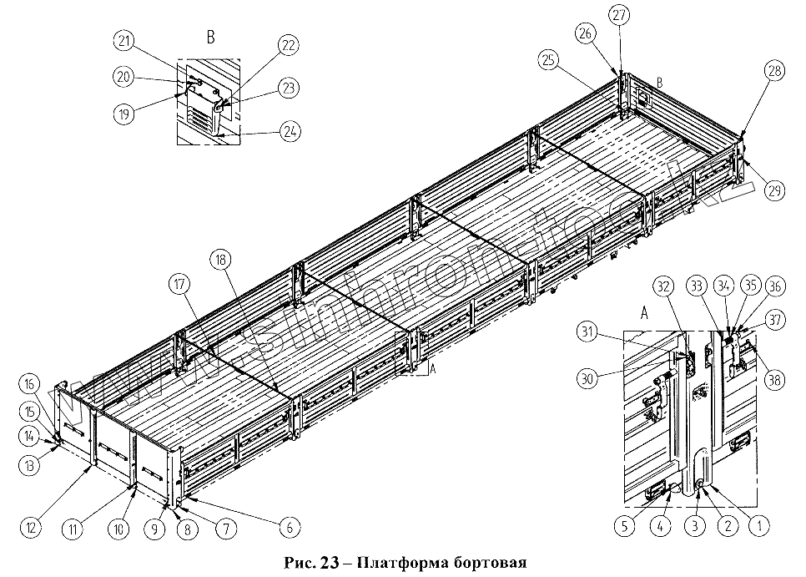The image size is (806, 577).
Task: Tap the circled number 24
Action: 290,131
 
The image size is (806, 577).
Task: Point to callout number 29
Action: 774,191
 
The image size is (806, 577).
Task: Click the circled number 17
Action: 180,283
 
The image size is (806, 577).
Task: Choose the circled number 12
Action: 30,527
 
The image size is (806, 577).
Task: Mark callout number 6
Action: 290,527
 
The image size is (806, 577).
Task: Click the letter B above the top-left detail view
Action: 210,37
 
